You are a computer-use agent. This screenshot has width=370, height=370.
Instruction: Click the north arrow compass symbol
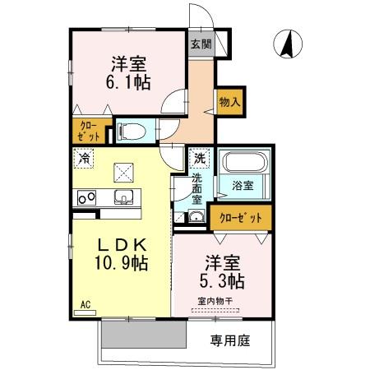[x=288, y=43]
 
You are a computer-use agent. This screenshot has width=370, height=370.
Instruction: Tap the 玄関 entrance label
[x=201, y=44]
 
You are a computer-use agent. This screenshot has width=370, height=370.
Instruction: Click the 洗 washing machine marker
[x=200, y=156]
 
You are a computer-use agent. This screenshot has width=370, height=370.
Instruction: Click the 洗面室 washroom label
[x=197, y=187]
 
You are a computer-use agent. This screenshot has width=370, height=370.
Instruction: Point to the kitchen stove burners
[x=86, y=197]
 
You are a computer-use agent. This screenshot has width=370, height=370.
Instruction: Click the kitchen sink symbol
[x=123, y=197]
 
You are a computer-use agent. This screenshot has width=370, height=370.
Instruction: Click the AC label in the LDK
[x=85, y=304]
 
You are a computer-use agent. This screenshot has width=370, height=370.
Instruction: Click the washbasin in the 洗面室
[x=196, y=216]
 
